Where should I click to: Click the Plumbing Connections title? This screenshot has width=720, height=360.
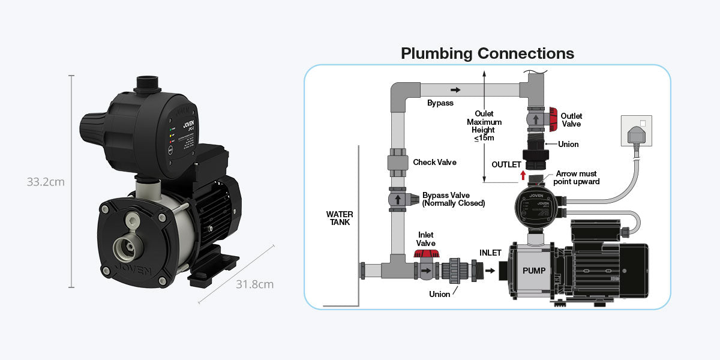click(x=487, y=53)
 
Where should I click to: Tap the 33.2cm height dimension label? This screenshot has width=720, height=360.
click(x=45, y=182)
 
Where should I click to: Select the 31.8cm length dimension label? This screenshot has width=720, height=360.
click(x=254, y=284)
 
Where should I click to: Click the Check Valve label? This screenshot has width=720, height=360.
click(x=434, y=163)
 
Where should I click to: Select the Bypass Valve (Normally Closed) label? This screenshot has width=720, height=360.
click(x=453, y=199)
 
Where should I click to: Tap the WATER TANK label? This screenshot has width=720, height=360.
click(x=340, y=218)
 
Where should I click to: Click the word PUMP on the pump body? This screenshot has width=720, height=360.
click(x=534, y=271)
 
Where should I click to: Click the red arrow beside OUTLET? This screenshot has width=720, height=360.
click(x=523, y=175)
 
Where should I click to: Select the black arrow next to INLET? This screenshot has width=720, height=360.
click(x=490, y=271)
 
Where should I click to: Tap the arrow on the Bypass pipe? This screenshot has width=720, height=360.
click(x=455, y=90)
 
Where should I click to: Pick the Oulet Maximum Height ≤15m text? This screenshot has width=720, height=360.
click(x=484, y=126)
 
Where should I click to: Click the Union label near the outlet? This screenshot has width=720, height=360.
click(x=568, y=145)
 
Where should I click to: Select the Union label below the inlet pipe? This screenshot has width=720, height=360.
click(x=439, y=294)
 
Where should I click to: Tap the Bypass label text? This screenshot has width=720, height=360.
click(x=440, y=103)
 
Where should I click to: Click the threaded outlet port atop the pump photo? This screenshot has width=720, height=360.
click(x=145, y=84)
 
